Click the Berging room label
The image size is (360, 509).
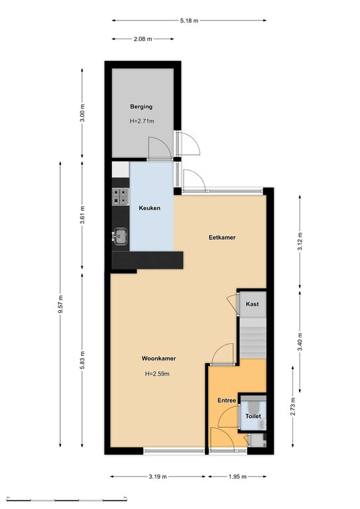[x=141, y=107]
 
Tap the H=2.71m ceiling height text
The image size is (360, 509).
[x=142, y=121]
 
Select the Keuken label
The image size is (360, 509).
[x=150, y=208]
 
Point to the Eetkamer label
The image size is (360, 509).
[x=222, y=237]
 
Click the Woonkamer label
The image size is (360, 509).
[x=158, y=359]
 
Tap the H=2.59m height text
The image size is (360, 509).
[x=157, y=374]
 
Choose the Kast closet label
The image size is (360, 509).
[x=252, y=304]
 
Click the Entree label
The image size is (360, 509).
[x=227, y=400]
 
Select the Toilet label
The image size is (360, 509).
[x=253, y=416]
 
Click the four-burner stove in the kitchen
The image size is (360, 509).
[x=121, y=196]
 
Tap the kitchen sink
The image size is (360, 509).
[x=121, y=236]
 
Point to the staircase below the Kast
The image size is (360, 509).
[x=253, y=337]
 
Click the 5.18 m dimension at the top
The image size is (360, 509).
[x=189, y=21]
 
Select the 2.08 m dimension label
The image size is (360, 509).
[x=143, y=39]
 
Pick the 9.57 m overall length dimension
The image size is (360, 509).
[x=60, y=304]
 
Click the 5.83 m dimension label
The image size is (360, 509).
[x=82, y=360]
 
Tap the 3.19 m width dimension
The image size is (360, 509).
[x=158, y=477]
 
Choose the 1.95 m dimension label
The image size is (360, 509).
[x=237, y=477]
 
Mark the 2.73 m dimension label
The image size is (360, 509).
[x=293, y=406]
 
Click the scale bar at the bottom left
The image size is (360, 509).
[x=66, y=498]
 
